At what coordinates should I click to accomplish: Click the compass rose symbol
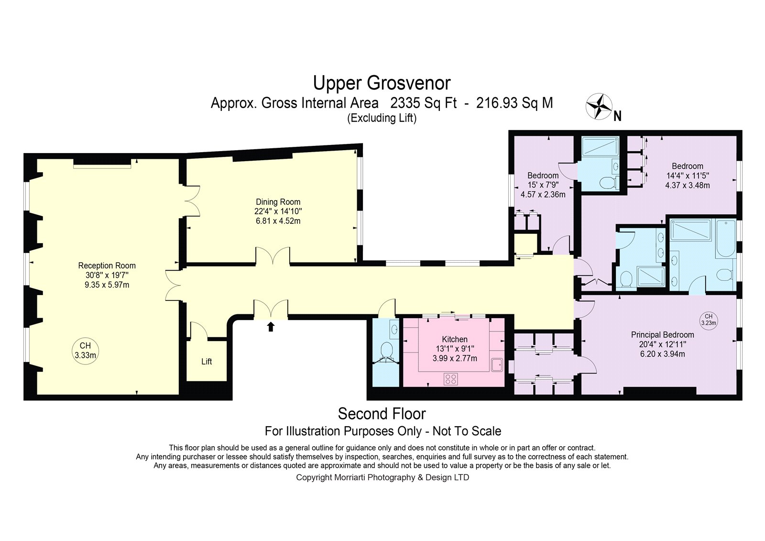[x=599, y=106]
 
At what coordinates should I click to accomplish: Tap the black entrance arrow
[x=271, y=326]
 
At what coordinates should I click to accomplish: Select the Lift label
[x=207, y=362]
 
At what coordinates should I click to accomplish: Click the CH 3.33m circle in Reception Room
[x=86, y=351]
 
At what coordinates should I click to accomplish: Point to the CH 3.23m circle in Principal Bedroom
[x=709, y=320]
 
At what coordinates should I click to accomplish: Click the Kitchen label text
[x=455, y=339]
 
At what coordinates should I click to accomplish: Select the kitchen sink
[x=497, y=365]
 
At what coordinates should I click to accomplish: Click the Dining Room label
[x=278, y=202]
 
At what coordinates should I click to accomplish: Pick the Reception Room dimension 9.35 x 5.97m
[x=107, y=285]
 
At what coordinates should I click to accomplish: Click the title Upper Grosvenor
[x=382, y=83]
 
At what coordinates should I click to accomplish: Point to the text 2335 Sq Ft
[x=423, y=103]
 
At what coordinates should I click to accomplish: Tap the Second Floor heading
[x=382, y=414]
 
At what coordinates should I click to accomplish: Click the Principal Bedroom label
[x=663, y=334]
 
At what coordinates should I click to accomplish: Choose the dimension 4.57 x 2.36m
[x=543, y=195]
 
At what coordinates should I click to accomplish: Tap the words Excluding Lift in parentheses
[x=382, y=118]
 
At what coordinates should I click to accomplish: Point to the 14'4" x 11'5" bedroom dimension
[x=688, y=176]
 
